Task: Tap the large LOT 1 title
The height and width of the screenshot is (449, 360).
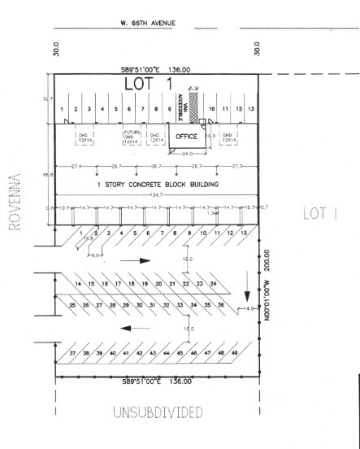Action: click(150, 84)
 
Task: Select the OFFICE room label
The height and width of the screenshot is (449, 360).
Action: click(187, 136)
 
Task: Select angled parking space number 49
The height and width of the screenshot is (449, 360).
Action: click(234, 353)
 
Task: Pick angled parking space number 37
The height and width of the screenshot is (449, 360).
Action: click(72, 353)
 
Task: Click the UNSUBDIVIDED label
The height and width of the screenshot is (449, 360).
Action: click(157, 412)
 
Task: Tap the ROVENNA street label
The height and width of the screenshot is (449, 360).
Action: click(14, 202)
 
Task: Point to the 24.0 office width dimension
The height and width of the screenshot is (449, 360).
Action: click(189, 154)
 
